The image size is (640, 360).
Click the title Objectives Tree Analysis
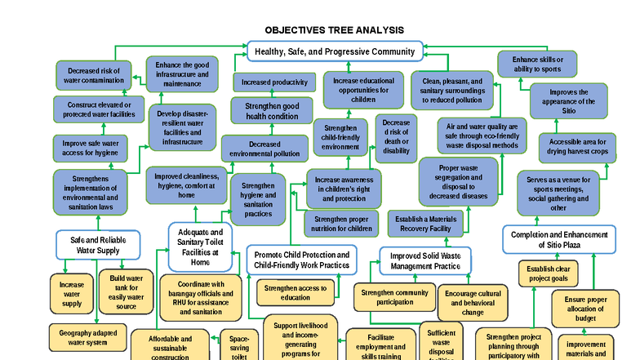coord(335,30)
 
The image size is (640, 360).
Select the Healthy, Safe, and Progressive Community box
coord(335,51)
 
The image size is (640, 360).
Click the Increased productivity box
coord(274,82)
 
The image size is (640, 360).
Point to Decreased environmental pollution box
coord(264,148)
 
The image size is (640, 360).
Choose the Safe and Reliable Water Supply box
coord(97,245)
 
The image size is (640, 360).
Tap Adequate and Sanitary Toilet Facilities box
coord(200,246)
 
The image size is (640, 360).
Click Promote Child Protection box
coord(301,260)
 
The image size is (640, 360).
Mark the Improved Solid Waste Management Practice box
coord(424,260)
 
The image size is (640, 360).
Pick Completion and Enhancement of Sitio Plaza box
coord(559,239)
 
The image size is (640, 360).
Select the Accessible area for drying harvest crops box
coord(573,147)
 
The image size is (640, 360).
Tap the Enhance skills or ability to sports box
coord(536,64)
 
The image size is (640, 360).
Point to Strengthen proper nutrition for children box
coord(341,223)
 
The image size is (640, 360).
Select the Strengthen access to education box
coord(295,292)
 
